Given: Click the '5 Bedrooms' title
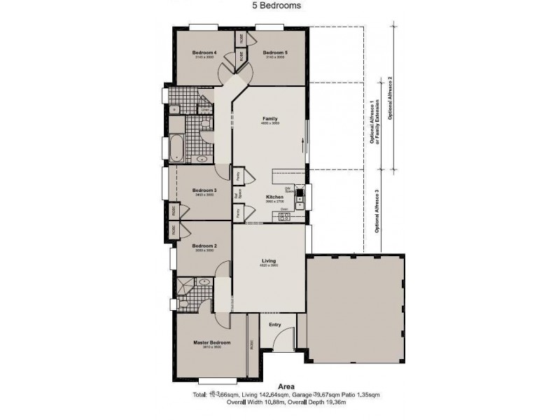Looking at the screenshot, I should (x=276, y=5).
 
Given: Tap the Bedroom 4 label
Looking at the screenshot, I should (x=204, y=53).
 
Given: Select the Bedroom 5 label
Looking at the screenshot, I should (x=275, y=53).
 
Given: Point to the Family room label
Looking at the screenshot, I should (x=269, y=119).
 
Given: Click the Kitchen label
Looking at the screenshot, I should (x=274, y=198).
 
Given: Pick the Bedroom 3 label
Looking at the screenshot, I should (x=204, y=190).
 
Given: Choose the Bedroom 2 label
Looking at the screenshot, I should (x=204, y=246).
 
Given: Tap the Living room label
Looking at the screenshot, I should (x=269, y=260).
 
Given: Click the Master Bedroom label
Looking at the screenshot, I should (x=211, y=342).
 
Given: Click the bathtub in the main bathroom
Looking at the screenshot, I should (x=174, y=148).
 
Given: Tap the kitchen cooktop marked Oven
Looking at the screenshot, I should (x=285, y=216).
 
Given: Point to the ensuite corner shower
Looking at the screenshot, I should (x=185, y=284).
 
